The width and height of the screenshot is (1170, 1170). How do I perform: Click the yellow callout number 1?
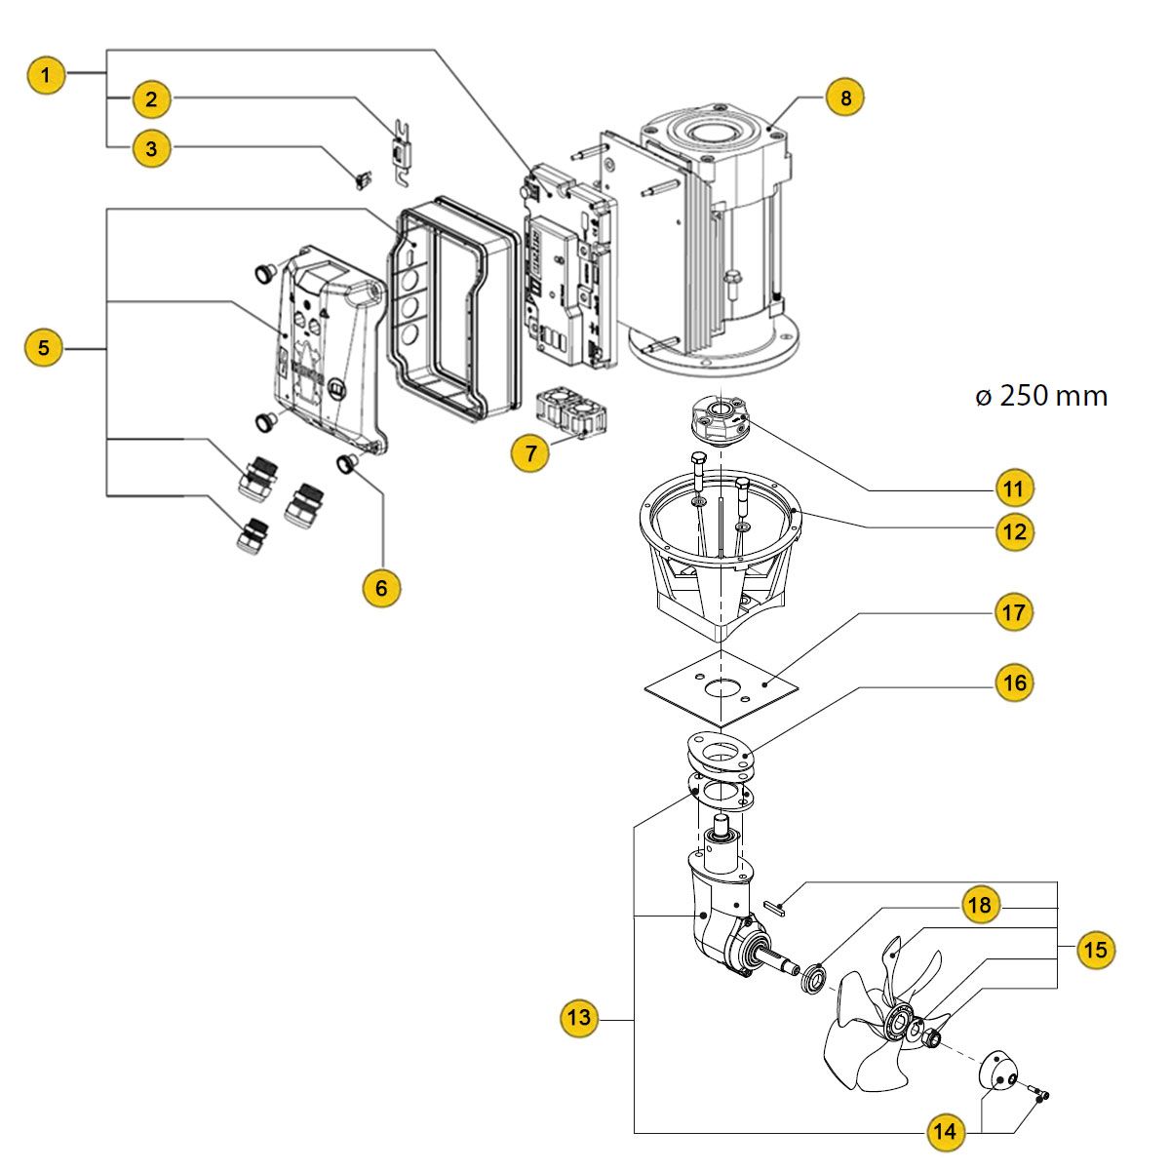[x=46, y=74]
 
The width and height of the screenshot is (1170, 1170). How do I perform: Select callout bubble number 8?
[x=845, y=97]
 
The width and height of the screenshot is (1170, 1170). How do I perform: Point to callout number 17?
[x=1014, y=612]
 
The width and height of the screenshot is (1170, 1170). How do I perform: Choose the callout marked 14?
[x=943, y=1132]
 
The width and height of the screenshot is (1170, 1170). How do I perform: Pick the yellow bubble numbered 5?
[x=43, y=347]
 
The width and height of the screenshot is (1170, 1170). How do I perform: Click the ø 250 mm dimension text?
[x=1041, y=396]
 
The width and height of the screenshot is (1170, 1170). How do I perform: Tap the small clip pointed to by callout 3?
[x=363, y=179]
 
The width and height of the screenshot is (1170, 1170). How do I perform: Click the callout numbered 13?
[x=579, y=1019]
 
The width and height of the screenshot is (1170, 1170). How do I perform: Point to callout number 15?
[x=1096, y=950]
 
